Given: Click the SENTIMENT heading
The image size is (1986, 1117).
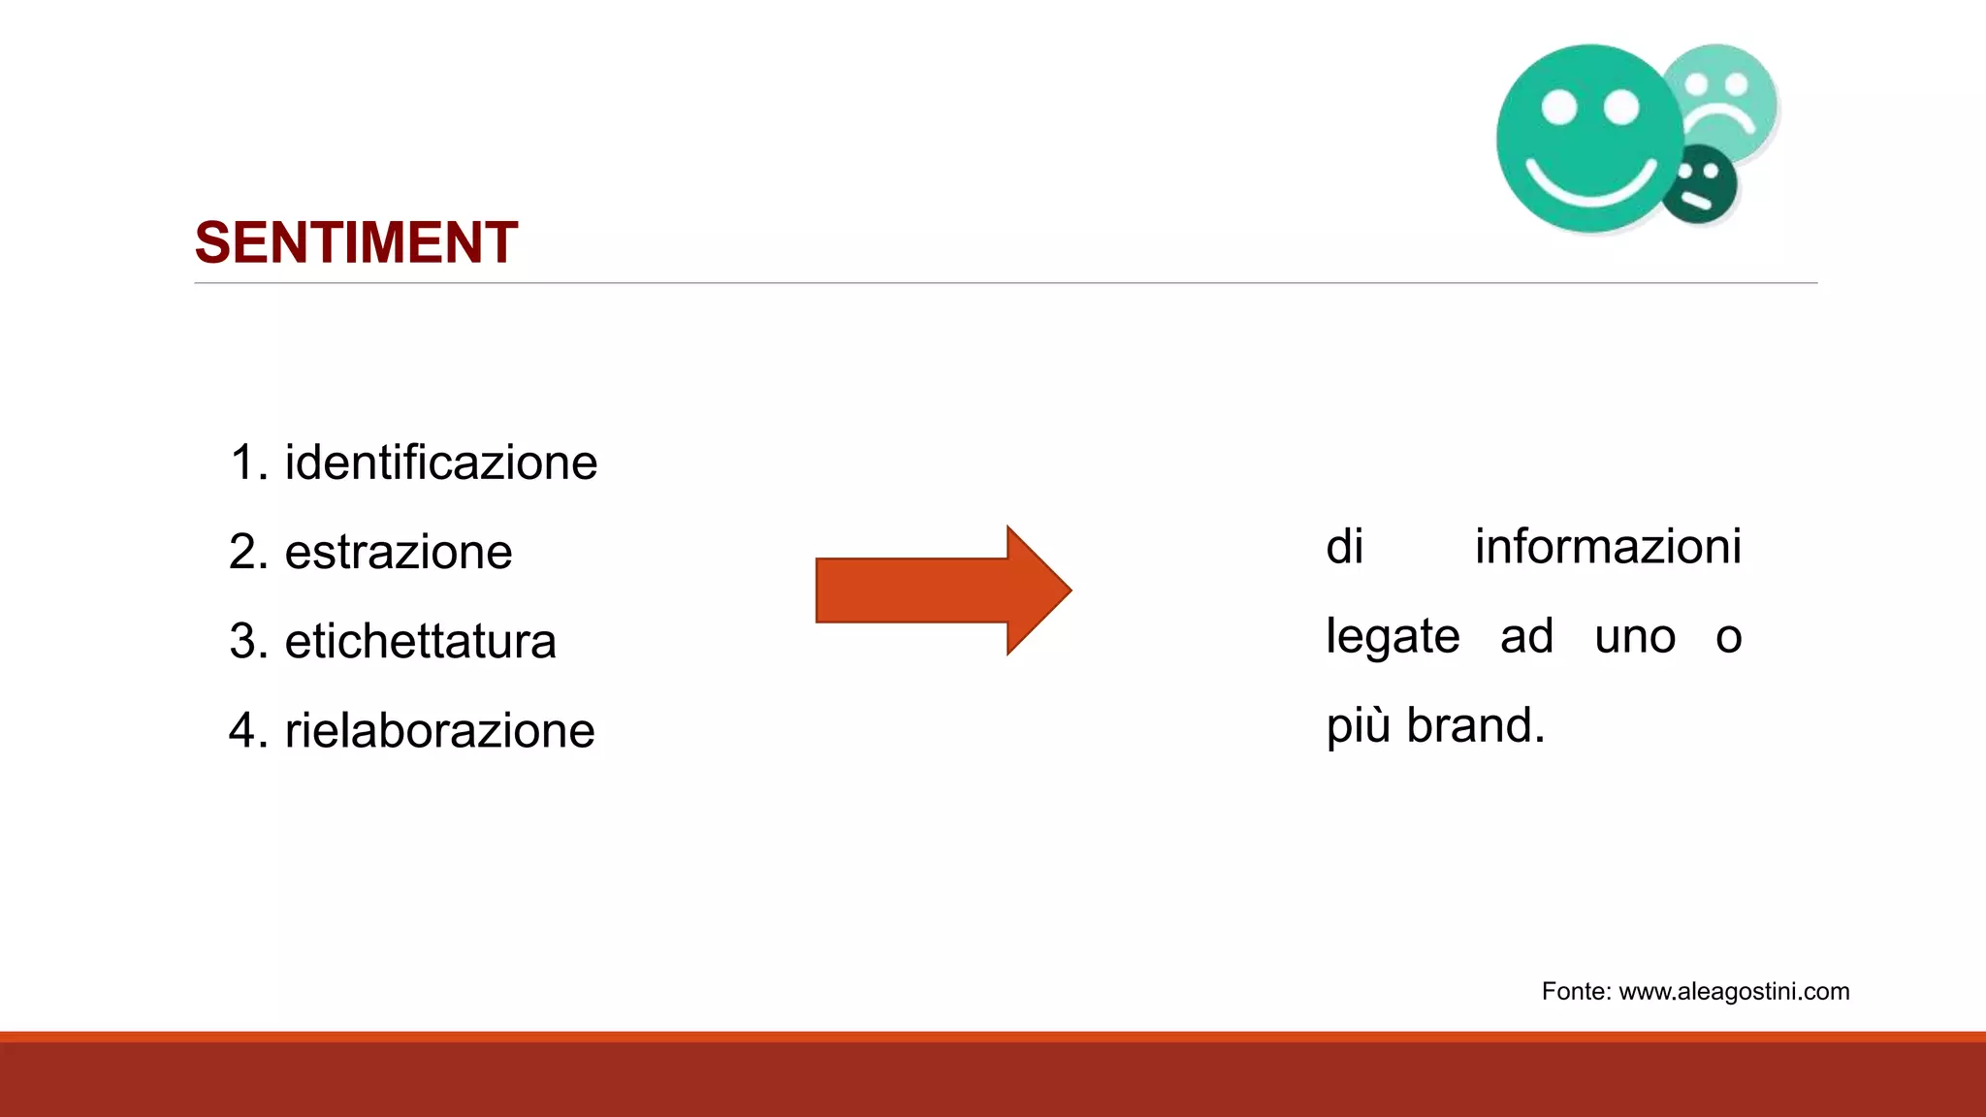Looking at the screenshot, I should pyautogui.click(x=356, y=242).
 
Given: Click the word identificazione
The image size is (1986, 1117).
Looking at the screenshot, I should pyautogui.click(x=440, y=463).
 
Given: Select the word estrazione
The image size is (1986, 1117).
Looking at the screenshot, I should pyautogui.click(x=398, y=553).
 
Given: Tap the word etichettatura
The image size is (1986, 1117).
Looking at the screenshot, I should pyautogui.click(x=420, y=642).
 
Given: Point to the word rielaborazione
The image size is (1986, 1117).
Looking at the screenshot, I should pyautogui.click(x=439, y=731).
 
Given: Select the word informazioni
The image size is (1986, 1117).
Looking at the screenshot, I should pyautogui.click(x=1608, y=547).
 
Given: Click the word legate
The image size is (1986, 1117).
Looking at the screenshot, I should pyautogui.click(x=1393, y=637).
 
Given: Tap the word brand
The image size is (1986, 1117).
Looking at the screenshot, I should pyautogui.click(x=1475, y=725).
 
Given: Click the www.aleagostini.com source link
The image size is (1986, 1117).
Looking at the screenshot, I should pyautogui.click(x=1734, y=992).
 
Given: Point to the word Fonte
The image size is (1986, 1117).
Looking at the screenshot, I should pyautogui.click(x=1576, y=992).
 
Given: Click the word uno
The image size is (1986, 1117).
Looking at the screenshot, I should pyautogui.click(x=1635, y=637).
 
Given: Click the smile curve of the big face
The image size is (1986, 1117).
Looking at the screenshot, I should pyautogui.click(x=1590, y=184).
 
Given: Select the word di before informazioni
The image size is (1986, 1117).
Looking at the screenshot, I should pyautogui.click(x=1344, y=547).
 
